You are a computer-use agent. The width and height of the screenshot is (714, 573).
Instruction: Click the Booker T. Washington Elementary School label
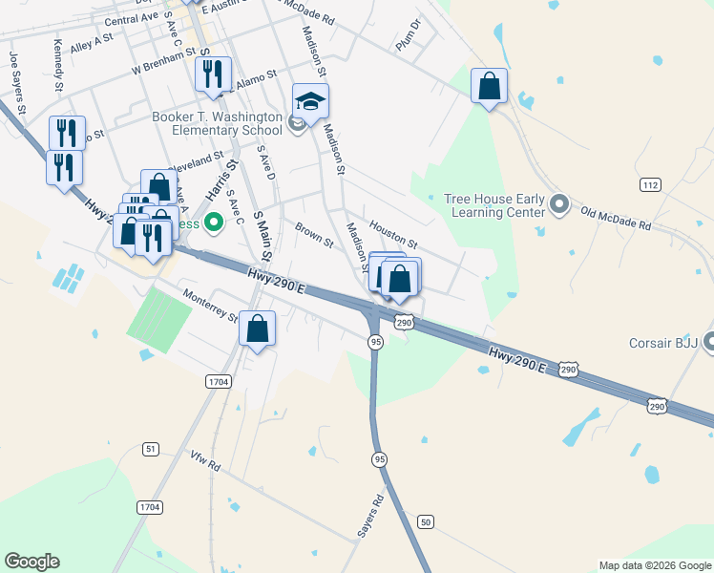click(217, 125)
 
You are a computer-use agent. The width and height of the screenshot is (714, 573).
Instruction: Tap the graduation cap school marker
click(310, 99)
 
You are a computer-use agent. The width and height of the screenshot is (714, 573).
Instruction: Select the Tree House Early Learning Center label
click(494, 205)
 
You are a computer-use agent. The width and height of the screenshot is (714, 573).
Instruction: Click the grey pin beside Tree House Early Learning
click(559, 204)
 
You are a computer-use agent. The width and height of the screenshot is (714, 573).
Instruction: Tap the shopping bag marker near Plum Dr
click(489, 87)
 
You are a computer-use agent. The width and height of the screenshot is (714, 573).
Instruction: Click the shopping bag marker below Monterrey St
click(257, 329)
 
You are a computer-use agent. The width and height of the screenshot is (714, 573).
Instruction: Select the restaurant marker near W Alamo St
click(212, 74)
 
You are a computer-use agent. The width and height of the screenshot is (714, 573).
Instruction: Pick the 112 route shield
click(650, 184)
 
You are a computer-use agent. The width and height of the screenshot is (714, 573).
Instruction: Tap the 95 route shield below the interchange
click(376, 342)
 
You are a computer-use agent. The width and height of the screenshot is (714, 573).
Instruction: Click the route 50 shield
click(426, 521)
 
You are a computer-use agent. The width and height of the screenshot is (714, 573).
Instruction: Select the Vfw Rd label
click(205, 462)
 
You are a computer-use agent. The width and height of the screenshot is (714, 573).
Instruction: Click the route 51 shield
click(151, 448)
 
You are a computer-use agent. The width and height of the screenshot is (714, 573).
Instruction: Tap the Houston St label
click(393, 233)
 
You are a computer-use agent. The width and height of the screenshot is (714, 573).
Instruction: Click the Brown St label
click(313, 235)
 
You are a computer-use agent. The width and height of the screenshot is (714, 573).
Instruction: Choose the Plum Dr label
click(409, 35)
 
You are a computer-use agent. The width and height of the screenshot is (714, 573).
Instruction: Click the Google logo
click(31, 562)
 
